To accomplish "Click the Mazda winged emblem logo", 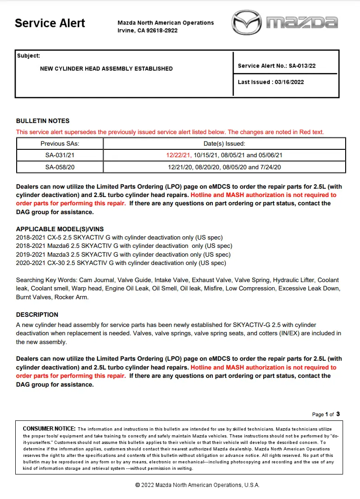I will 247,22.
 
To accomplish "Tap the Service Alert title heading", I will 50,23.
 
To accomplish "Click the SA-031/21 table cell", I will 60,155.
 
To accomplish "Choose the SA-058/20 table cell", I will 60,167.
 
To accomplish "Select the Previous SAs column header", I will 60,144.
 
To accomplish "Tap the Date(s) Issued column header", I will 224,144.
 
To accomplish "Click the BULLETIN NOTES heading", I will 43,121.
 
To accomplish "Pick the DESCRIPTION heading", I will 37,314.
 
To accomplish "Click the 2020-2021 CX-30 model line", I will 121,263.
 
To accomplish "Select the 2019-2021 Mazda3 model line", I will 123,254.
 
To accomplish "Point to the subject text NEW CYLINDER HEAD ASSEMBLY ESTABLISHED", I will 106,68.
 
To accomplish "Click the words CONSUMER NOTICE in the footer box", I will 49,429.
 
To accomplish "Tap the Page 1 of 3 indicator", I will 326,414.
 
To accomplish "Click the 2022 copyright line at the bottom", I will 197,485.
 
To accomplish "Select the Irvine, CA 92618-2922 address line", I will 148,31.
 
